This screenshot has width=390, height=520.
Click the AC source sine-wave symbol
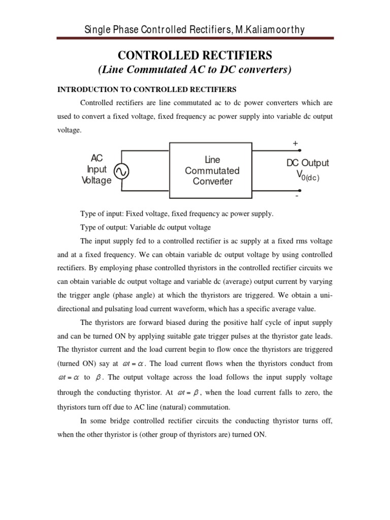(122, 172)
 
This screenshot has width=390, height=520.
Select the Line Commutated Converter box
(212, 171)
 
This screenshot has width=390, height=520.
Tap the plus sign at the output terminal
(295, 144)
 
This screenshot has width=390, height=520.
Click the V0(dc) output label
(304, 175)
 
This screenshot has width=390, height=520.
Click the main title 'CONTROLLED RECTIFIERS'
(194, 55)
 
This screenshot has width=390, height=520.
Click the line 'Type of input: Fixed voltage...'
(177, 214)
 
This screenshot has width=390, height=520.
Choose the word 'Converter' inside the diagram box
(212, 182)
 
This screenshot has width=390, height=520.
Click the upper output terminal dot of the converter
(300, 151)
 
